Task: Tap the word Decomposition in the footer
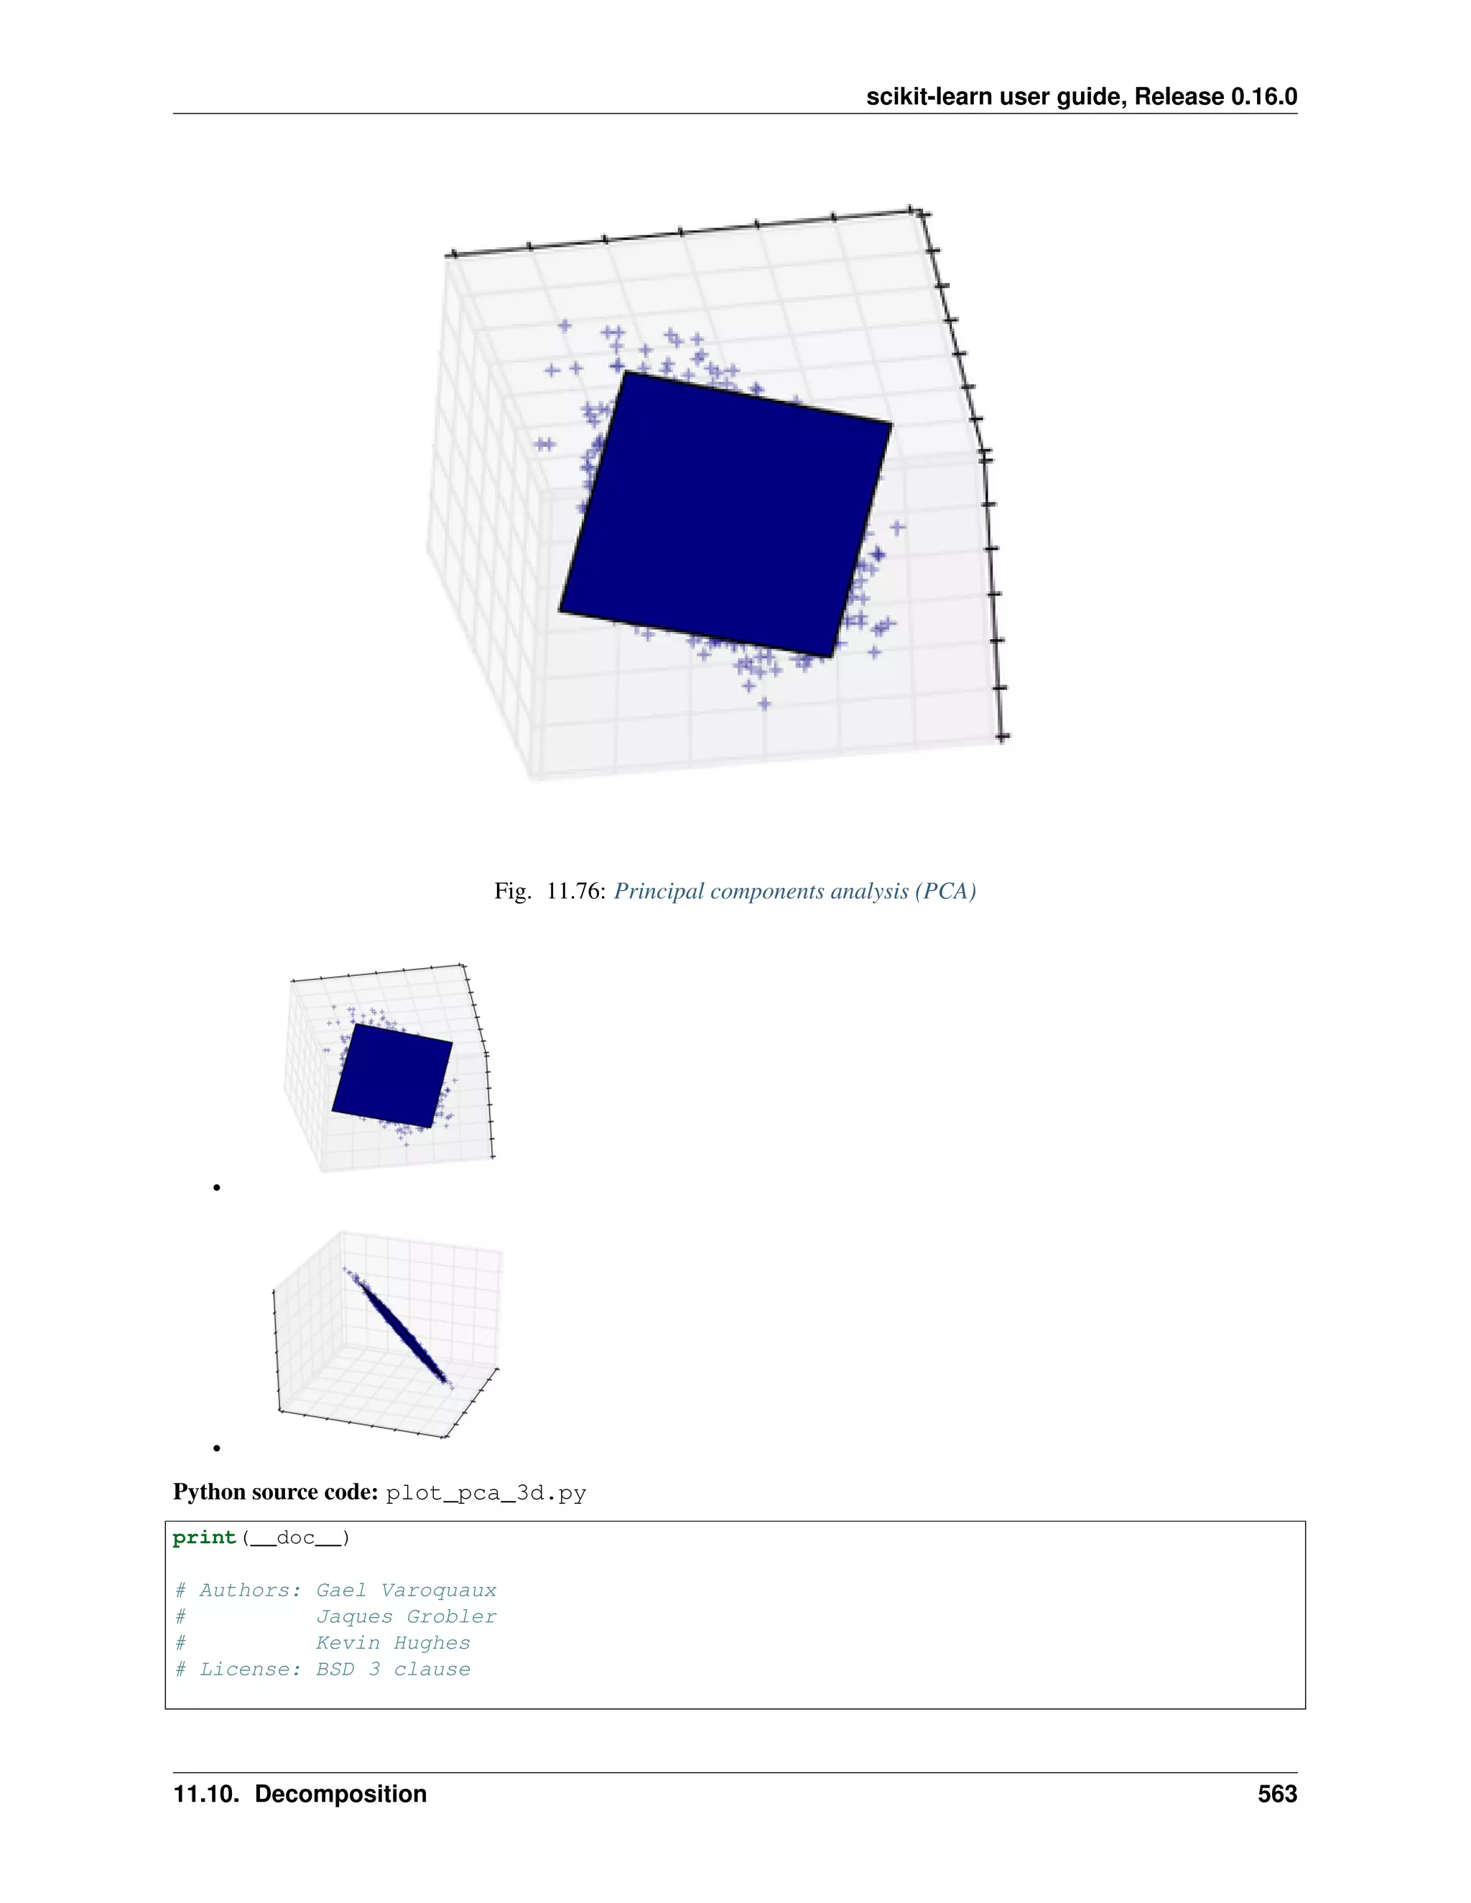[x=340, y=1794]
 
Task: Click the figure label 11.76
[x=575, y=891]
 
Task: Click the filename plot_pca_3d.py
[x=486, y=1494]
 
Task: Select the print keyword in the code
[x=204, y=1538]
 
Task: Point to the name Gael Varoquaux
[x=405, y=1590]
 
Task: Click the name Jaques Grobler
[x=405, y=1616]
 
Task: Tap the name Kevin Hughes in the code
[x=392, y=1642]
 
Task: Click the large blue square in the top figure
[x=725, y=514]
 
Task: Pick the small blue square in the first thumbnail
[x=392, y=1075]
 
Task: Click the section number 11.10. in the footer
[x=205, y=1794]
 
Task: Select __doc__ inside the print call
[x=294, y=1538]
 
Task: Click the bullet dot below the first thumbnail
[x=216, y=1188]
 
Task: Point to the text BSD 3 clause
[x=392, y=1670]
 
